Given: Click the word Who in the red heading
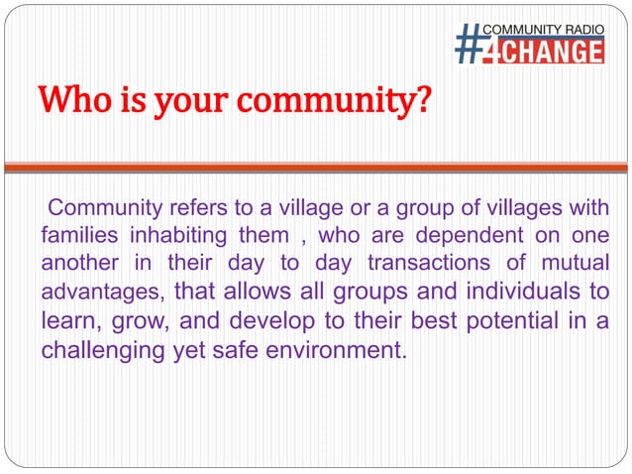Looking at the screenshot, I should click(75, 101).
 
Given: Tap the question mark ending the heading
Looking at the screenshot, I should click(423, 101).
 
